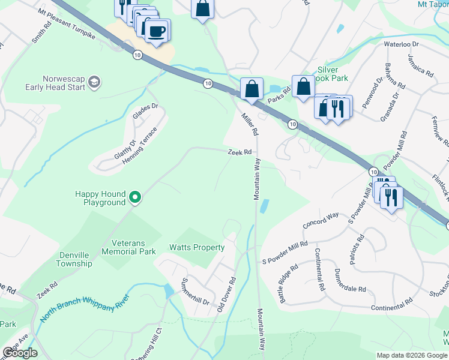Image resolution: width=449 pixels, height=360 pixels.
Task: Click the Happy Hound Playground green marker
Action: [x=136, y=197]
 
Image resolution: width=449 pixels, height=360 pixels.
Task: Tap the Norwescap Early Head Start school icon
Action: [x=94, y=82]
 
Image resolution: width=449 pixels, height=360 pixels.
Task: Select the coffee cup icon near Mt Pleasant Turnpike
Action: [x=157, y=31]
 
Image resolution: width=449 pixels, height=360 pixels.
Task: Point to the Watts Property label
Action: [x=197, y=247]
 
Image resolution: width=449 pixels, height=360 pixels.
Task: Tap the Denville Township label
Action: [x=74, y=259]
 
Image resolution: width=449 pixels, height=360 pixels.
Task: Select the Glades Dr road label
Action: [x=145, y=112]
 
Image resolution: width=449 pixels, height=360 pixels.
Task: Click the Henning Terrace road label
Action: [x=143, y=147]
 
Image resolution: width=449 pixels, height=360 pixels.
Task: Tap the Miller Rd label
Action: [x=250, y=124]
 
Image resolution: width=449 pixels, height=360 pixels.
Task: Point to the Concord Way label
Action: [x=321, y=220]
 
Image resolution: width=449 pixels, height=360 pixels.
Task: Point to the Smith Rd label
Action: [x=42, y=34]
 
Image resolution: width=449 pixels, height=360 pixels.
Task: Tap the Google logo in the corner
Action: [x=20, y=353]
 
